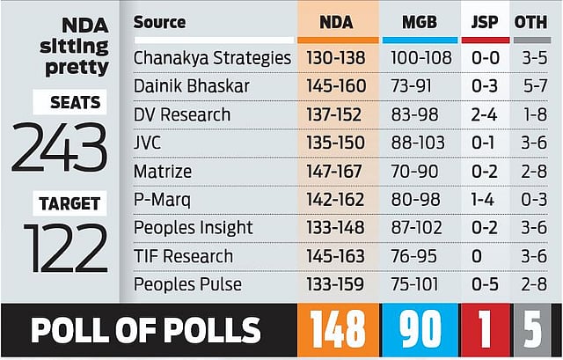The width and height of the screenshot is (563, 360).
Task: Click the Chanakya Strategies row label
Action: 212,58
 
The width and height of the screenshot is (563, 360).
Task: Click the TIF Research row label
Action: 184,255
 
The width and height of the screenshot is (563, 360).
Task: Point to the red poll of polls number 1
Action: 485,330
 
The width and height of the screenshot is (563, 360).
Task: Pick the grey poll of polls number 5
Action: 533,330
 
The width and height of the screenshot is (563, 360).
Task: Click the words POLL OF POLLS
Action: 146,330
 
